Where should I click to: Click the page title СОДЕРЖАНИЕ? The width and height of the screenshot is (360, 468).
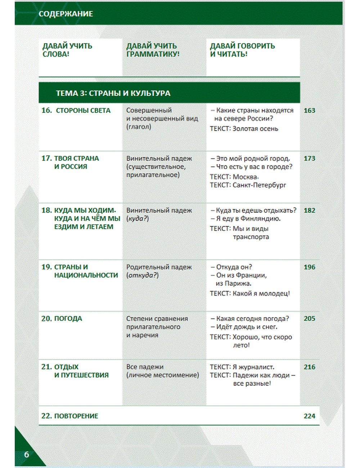pyautogui.click(x=66, y=14)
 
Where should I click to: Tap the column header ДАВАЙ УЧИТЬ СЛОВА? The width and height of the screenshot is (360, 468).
pyautogui.click(x=67, y=50)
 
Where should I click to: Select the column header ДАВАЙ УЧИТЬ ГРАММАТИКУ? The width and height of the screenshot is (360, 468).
pyautogui.click(x=153, y=50)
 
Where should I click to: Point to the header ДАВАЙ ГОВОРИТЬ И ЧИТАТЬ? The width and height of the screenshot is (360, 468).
pyautogui.click(x=242, y=50)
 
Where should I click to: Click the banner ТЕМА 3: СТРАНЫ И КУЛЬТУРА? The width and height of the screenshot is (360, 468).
pyautogui.click(x=113, y=93)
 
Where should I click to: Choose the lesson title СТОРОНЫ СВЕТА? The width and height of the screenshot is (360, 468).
pyautogui.click(x=83, y=111)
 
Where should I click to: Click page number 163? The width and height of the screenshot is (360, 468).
pyautogui.click(x=309, y=111)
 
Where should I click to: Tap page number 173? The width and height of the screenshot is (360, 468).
pyautogui.click(x=309, y=158)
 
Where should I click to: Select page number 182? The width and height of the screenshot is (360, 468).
pyautogui.click(x=309, y=210)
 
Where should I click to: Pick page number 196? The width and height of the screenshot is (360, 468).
pyautogui.click(x=309, y=267)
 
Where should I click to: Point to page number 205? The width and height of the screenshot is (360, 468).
pyautogui.click(x=309, y=319)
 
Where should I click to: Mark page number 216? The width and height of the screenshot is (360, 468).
pyautogui.click(x=309, y=367)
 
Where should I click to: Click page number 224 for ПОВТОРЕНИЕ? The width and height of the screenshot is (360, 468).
pyautogui.click(x=309, y=416)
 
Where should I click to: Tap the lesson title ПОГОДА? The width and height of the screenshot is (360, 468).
pyautogui.click(x=68, y=319)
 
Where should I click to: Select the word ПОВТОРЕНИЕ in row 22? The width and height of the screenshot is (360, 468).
pyautogui.click(x=76, y=416)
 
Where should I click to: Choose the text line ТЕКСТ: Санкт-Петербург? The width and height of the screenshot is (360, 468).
pyautogui.click(x=248, y=185)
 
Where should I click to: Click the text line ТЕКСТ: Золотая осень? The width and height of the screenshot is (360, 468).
pyautogui.click(x=244, y=129)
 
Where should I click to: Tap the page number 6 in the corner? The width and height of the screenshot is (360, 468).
pyautogui.click(x=26, y=454)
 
